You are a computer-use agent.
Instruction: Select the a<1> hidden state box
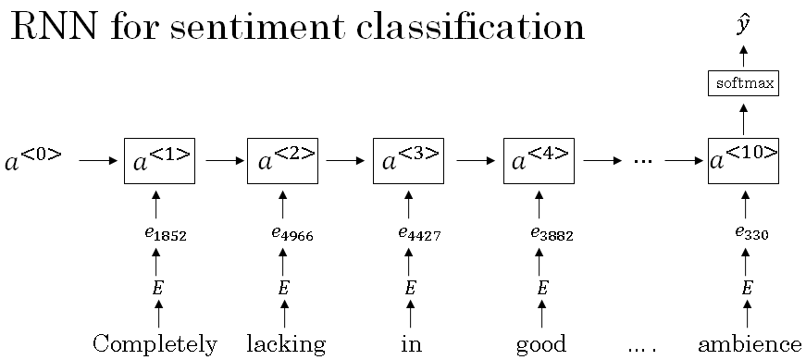coord(158,160)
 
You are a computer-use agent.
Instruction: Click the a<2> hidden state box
coord(282,160)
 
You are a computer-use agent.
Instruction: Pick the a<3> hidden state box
coord(408,160)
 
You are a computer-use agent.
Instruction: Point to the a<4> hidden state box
coord(539,160)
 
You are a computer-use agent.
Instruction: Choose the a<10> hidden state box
coord(743,160)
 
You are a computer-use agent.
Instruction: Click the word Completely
coord(155,345)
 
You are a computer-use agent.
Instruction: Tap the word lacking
coord(286,345)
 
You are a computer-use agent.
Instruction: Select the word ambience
coord(749,344)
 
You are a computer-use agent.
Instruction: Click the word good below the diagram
coord(541,345)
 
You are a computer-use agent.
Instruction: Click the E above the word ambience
coord(747,288)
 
